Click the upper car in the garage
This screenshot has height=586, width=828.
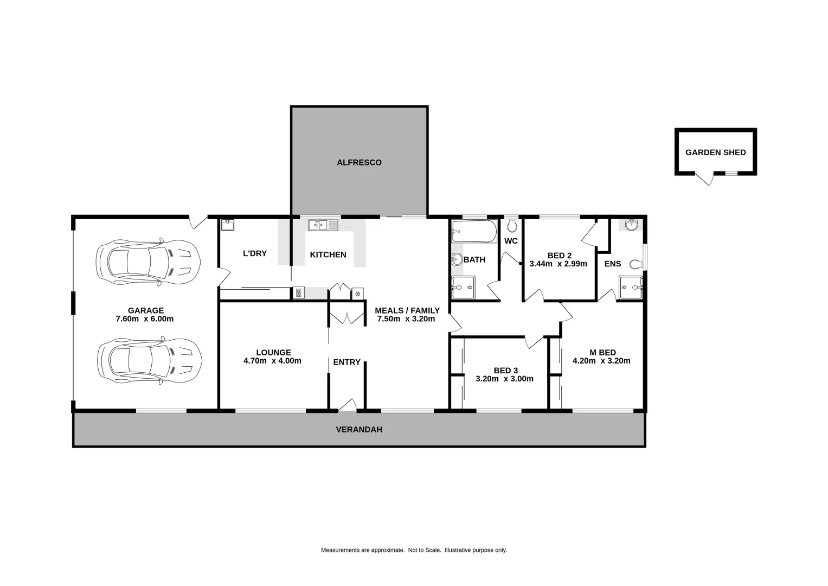point(148,262)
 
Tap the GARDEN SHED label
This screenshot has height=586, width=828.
point(715,152)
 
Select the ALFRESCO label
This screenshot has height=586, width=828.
point(359,162)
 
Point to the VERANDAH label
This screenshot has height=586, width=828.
point(359,429)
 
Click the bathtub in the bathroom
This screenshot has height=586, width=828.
point(474,232)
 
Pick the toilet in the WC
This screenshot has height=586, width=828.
point(512,226)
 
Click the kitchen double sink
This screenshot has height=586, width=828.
point(323,225)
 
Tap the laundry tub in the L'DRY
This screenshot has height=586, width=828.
point(228,225)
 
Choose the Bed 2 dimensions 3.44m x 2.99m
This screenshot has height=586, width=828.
point(558,264)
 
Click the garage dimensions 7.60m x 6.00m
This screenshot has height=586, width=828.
point(145,319)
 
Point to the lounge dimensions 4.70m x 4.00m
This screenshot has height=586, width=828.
point(272,361)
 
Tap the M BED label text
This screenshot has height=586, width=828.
point(602,352)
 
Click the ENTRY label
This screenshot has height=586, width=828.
point(346,362)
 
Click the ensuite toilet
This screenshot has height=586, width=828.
point(636,264)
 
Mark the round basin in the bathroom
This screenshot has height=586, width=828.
point(457,259)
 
